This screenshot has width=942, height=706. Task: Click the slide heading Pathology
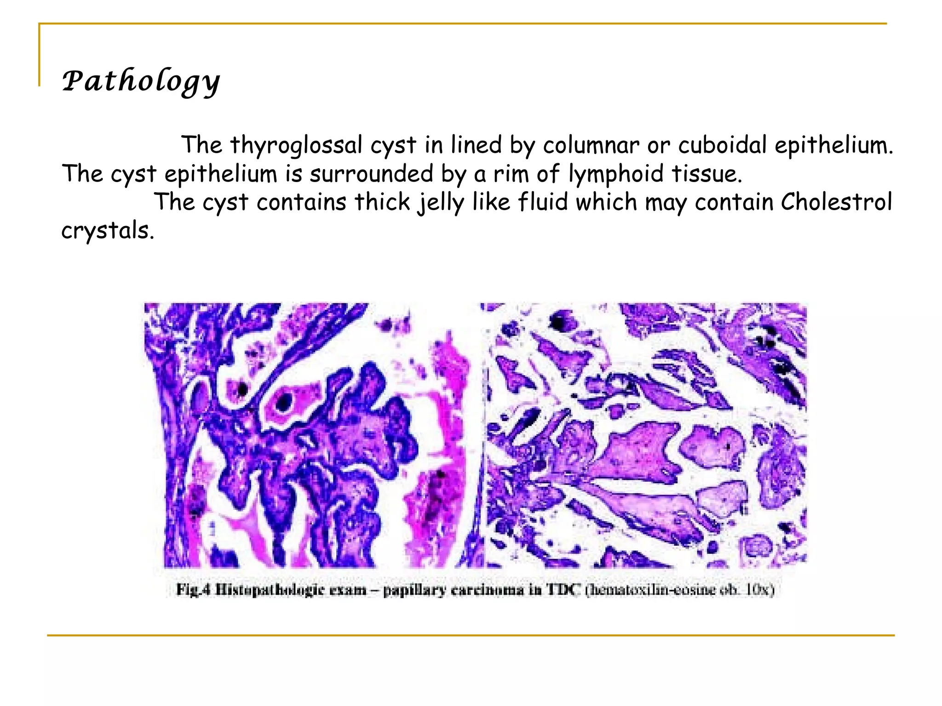[x=141, y=81]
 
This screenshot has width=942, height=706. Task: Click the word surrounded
[x=371, y=174]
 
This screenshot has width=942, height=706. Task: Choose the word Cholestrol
[x=836, y=202]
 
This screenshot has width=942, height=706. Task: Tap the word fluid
[x=543, y=202]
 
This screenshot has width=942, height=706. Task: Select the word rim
[x=511, y=174]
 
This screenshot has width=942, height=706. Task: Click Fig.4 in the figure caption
[x=193, y=589]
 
